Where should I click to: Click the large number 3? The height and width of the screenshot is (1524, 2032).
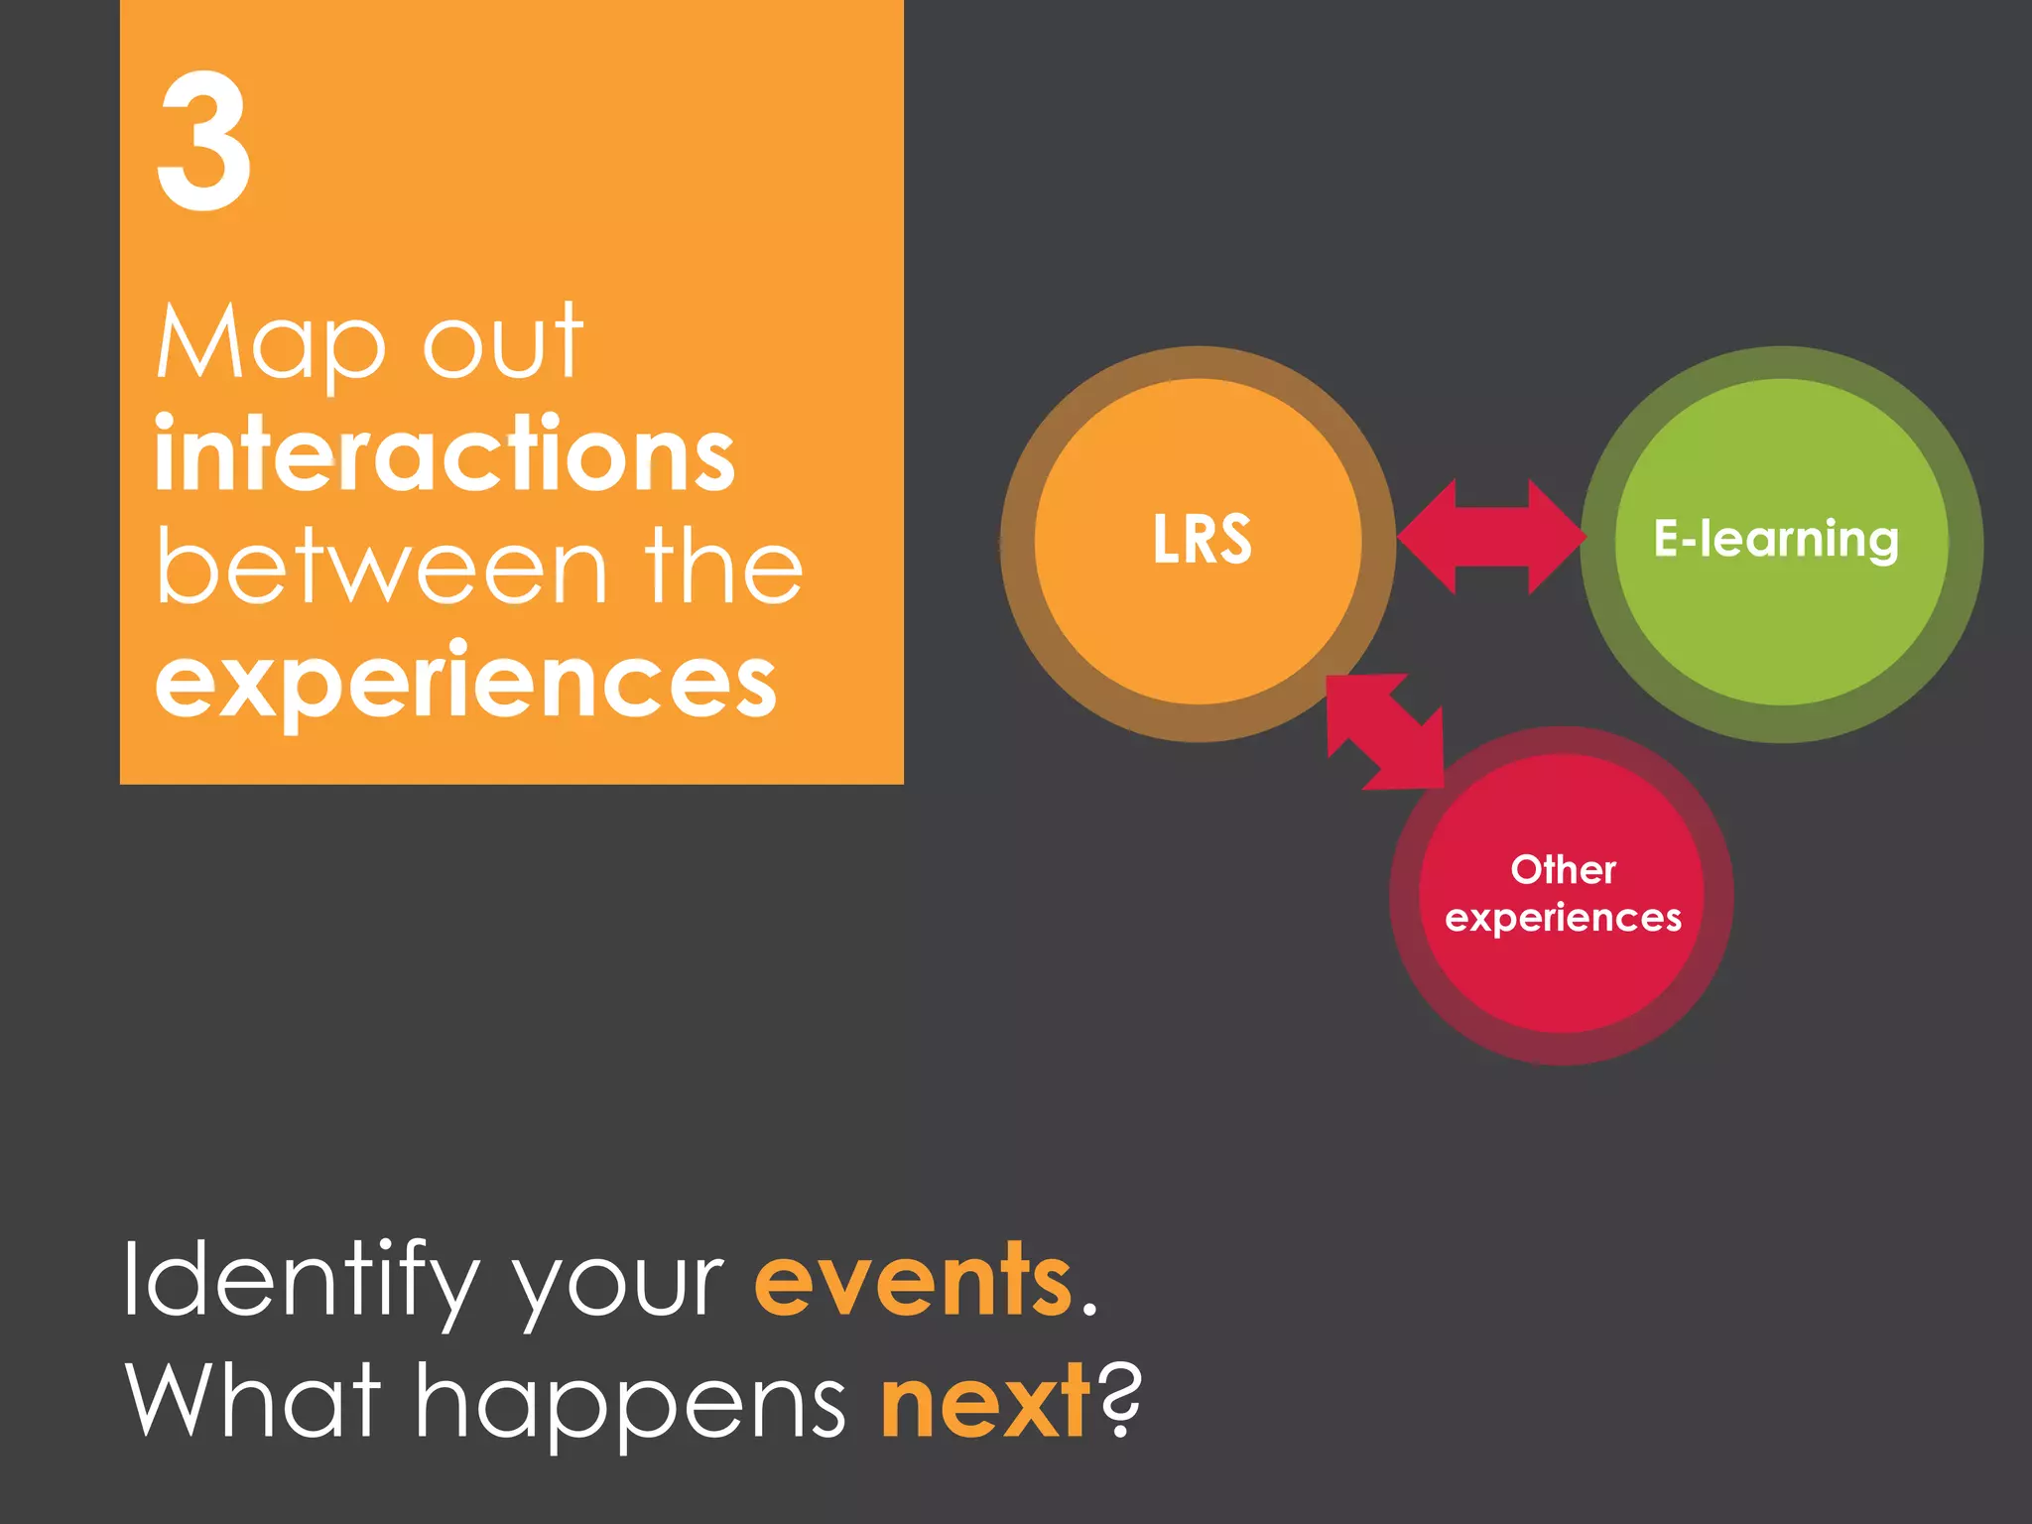click(203, 141)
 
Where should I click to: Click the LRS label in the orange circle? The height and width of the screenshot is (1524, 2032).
click(1202, 540)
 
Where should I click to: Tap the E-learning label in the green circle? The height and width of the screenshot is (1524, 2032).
click(1776, 540)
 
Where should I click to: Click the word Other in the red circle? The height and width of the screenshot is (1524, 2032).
click(1563, 870)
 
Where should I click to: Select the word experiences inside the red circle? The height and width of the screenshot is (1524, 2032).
click(1563, 918)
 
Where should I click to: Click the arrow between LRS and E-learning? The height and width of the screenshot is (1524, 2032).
click(1491, 537)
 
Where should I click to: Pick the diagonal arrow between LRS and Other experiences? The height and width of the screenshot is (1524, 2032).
click(1385, 732)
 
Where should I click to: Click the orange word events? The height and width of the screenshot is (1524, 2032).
click(913, 1281)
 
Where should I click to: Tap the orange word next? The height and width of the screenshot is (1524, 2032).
click(985, 1401)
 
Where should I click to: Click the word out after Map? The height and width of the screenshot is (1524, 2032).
click(503, 343)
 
